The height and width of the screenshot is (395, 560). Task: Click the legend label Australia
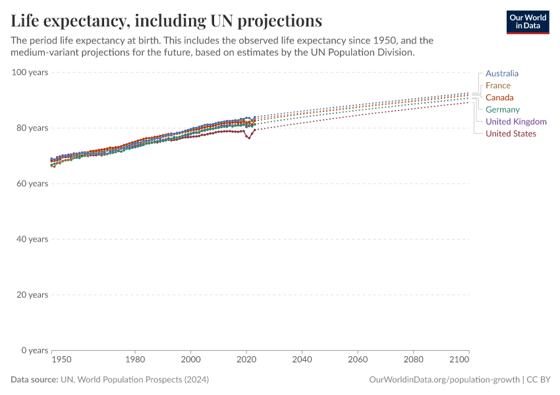pyautogui.click(x=501, y=74)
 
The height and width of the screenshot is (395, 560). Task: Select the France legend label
pyautogui.click(x=497, y=86)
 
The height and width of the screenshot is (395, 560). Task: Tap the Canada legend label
pyautogui.click(x=499, y=97)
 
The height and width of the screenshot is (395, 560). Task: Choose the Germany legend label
pyautogui.click(x=502, y=109)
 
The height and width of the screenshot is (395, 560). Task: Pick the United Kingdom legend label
pyautogui.click(x=516, y=122)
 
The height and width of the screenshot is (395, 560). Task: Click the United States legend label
pyautogui.click(x=511, y=134)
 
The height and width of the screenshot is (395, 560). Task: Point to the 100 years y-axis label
pyautogui.click(x=30, y=72)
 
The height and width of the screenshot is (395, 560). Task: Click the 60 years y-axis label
pyautogui.click(x=32, y=183)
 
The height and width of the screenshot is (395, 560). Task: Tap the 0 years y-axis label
pyautogui.click(x=34, y=350)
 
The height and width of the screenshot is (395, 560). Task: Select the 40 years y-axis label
pyautogui.click(x=32, y=239)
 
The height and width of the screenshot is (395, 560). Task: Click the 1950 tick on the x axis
pyautogui.click(x=61, y=360)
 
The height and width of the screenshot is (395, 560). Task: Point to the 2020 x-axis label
pyautogui.click(x=246, y=360)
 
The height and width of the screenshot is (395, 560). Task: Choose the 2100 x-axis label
pyautogui.click(x=459, y=360)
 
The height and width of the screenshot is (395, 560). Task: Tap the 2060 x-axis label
pyautogui.click(x=358, y=360)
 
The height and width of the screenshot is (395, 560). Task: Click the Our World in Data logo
pyautogui.click(x=527, y=22)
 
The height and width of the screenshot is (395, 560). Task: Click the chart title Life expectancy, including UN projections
pyautogui.click(x=167, y=21)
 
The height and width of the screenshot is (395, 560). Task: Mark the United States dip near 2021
pyautogui.click(x=249, y=138)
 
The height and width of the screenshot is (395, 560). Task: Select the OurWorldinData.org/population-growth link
pyautogui.click(x=445, y=380)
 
